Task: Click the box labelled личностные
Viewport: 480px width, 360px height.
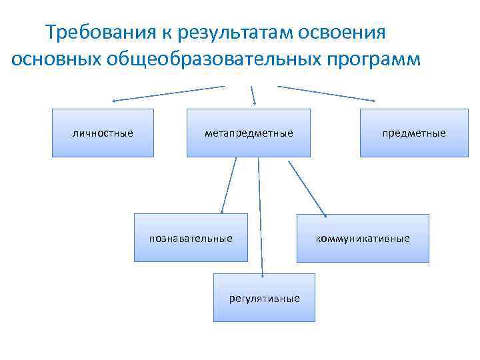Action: point(103,133)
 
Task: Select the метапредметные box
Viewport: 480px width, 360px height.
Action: point(248,133)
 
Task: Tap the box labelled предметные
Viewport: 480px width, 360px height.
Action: point(413,133)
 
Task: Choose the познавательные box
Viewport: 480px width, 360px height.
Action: point(191,237)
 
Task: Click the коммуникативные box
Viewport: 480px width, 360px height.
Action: point(363,238)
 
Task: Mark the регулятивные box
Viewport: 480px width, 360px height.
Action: point(264,298)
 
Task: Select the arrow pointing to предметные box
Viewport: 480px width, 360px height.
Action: point(326,93)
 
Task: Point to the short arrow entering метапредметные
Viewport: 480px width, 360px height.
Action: point(253,95)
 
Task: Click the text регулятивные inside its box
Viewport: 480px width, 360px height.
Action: point(264,298)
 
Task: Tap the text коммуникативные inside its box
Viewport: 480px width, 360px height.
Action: point(363,238)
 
